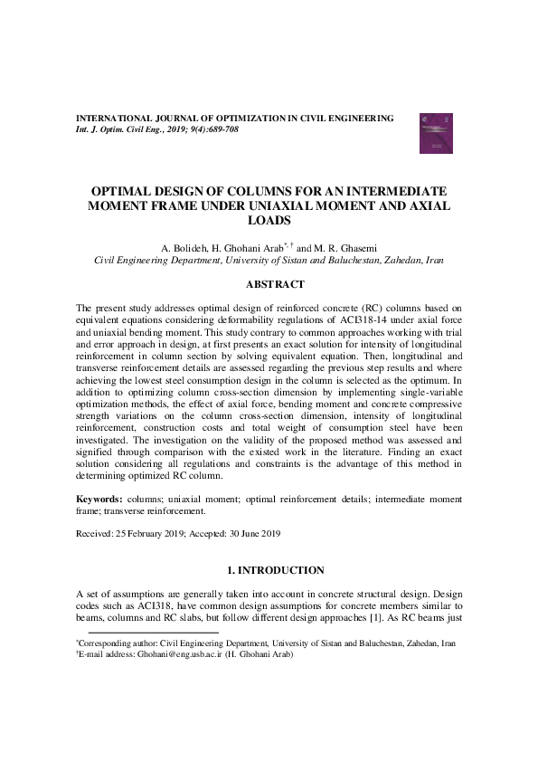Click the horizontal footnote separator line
[x=146, y=633]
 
